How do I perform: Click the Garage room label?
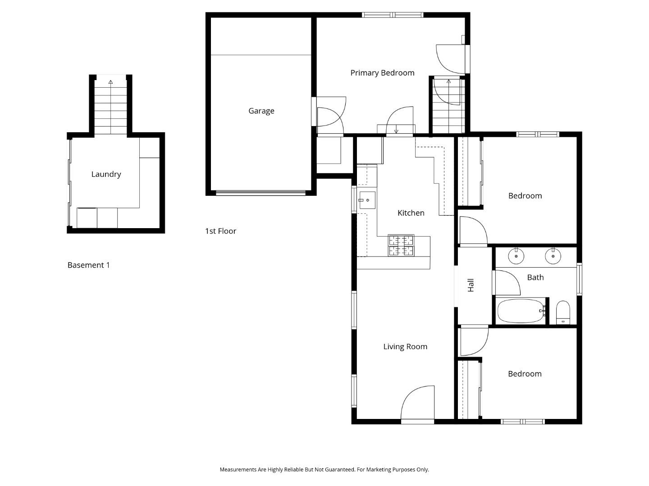261,111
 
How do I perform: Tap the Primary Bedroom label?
382,73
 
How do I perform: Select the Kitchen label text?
411,213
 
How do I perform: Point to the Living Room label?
405,346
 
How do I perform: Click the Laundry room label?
106,174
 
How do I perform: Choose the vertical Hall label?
471,285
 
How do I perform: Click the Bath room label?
535,277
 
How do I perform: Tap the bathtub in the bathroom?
521,311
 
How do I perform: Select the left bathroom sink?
516,256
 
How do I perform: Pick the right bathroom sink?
553,256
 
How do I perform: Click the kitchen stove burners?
401,246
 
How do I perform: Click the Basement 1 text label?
88,265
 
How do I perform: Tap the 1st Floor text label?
220,231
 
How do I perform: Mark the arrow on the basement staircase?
110,82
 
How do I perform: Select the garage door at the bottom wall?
261,193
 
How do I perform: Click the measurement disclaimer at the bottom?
324,469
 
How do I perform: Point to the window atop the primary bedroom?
393,15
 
